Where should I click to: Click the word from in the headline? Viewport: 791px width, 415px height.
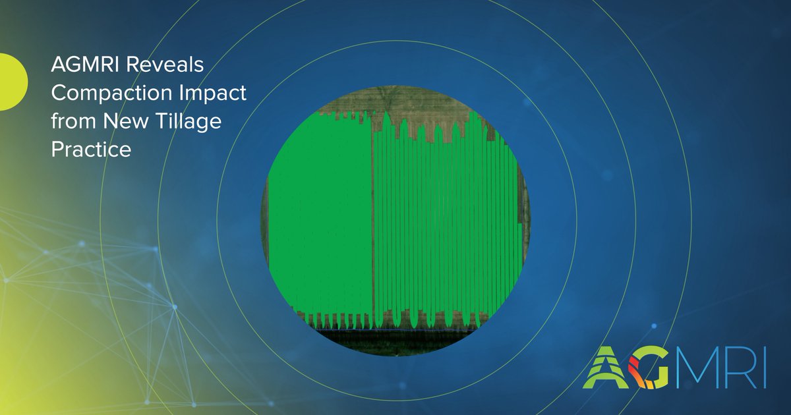[x=71, y=121]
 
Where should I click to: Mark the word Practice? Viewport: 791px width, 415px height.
[x=92, y=150]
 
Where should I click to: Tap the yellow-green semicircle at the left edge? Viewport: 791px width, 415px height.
[x=12, y=82]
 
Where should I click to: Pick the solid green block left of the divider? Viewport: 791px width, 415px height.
[x=320, y=217]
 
